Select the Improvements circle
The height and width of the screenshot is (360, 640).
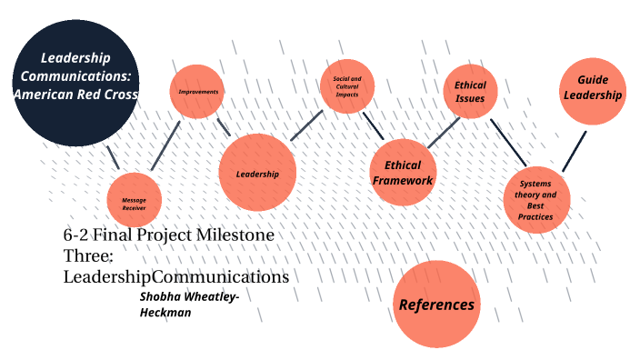(198, 92)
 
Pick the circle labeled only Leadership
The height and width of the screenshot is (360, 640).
(258, 173)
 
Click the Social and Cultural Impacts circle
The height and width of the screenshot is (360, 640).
(347, 87)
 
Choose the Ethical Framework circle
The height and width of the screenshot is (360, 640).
(403, 173)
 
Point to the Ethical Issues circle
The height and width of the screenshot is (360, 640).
(471, 92)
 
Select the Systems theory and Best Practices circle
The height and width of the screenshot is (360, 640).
(535, 199)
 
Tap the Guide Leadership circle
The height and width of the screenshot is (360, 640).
(593, 89)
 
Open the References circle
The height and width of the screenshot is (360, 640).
(436, 304)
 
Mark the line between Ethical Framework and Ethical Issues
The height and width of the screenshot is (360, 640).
(445, 132)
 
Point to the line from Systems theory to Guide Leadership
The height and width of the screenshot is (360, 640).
(574, 151)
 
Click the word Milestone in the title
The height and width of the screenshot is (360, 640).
(235, 235)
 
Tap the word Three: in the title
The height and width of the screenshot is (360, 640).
(88, 255)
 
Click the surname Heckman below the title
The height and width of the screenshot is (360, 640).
(166, 312)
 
